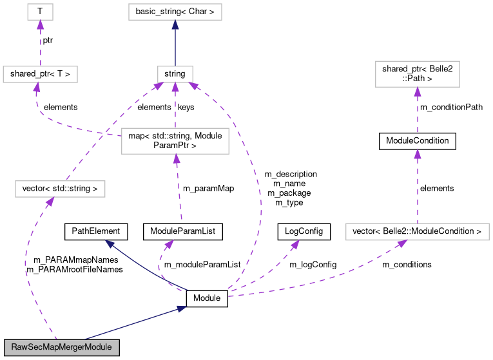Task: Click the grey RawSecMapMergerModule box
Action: tap(61, 346)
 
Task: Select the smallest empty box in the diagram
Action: tap(40, 12)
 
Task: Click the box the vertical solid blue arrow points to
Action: tap(175, 12)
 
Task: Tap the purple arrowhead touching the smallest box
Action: tap(40, 25)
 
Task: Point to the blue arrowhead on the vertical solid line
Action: tap(175, 25)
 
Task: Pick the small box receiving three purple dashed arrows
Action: tap(175, 74)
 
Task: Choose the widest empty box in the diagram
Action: tap(417, 232)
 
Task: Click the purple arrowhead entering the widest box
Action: tap(402, 243)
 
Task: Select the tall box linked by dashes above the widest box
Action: tap(417, 74)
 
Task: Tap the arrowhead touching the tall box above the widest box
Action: tap(418, 91)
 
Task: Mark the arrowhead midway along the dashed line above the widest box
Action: tap(418, 154)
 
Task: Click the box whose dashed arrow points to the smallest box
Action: tap(40, 74)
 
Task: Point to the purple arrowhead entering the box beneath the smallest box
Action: tap(37, 87)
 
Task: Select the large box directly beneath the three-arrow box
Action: tap(175, 141)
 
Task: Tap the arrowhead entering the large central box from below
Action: tap(175, 159)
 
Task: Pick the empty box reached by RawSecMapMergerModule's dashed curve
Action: tap(60, 189)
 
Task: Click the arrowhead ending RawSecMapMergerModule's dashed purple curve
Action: tap(50, 202)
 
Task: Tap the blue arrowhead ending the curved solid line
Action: tap(110, 244)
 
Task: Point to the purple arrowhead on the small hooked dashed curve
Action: tap(169, 244)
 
